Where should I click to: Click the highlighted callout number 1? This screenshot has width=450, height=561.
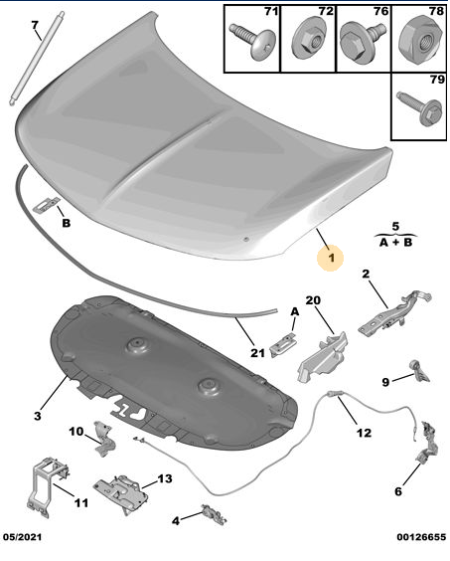tap(332, 258)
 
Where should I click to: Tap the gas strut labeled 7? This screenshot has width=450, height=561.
tap(37, 59)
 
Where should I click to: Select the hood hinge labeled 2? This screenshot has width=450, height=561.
tap(395, 313)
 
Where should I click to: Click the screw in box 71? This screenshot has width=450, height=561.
tap(253, 41)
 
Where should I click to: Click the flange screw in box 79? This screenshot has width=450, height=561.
tap(419, 107)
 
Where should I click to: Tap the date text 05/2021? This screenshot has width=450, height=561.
tap(22, 537)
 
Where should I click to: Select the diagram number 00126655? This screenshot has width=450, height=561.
tap(421, 537)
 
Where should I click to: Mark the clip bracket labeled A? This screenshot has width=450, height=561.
tap(283, 344)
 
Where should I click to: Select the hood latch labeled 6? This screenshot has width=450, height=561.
tap(426, 442)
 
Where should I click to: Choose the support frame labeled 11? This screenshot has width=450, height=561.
tap(47, 485)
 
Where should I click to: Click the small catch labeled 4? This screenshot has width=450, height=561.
tap(214, 514)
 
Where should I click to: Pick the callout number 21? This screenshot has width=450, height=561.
tap(257, 353)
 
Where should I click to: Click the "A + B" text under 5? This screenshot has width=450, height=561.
tap(395, 243)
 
